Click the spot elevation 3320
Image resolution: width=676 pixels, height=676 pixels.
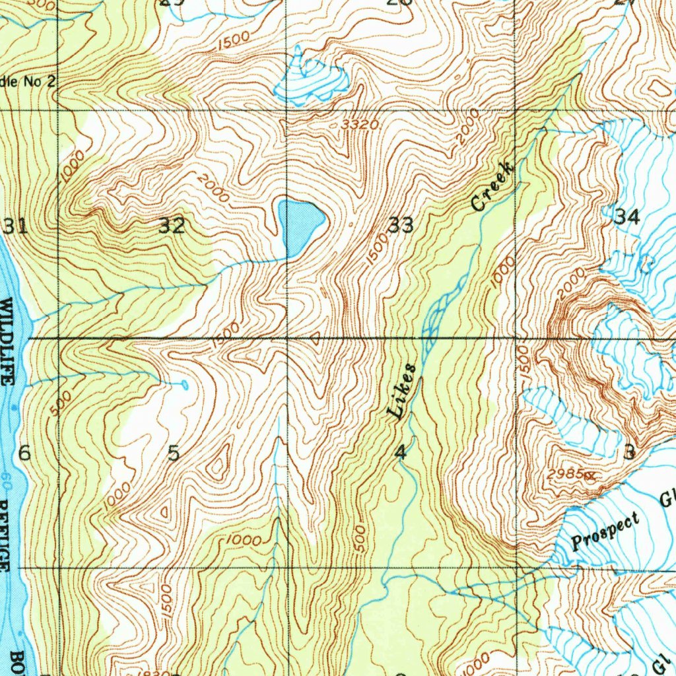360,125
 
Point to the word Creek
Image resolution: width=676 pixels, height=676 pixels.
492,187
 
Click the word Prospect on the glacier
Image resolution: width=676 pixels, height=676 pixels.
607,530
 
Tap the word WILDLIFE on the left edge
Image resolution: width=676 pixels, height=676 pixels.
8,343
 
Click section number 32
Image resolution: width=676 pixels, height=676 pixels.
172,226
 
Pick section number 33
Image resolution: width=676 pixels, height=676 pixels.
401,226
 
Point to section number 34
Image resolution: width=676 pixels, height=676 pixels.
626,217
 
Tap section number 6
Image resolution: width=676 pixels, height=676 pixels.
24,454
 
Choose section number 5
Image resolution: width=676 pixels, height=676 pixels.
174,454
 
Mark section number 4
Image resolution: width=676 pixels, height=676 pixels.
400,453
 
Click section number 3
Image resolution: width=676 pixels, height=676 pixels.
629,452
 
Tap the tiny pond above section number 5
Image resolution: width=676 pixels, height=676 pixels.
184,384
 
